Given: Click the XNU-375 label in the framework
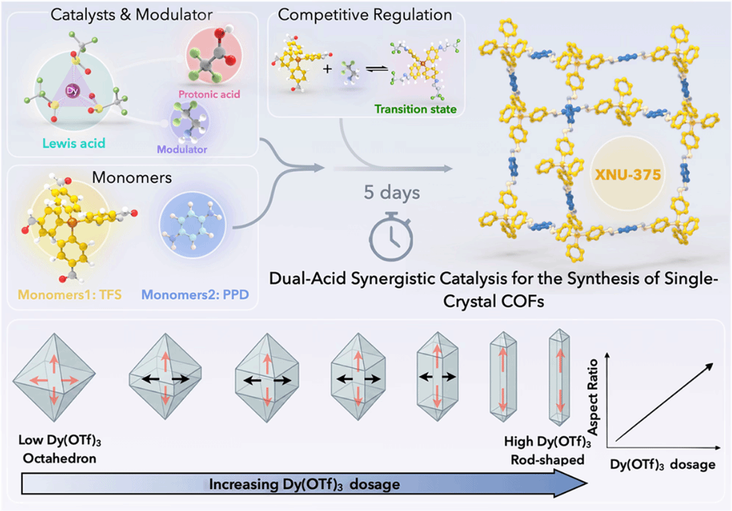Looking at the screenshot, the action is (628, 175).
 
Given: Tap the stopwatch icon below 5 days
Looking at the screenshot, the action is (391, 236).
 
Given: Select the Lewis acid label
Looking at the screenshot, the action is (74, 143).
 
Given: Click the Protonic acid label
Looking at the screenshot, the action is (209, 95).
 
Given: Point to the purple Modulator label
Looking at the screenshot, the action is (181, 149).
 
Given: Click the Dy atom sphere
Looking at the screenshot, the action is (73, 91).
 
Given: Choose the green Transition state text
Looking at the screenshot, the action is (415, 110).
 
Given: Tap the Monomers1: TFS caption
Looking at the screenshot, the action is (70, 295).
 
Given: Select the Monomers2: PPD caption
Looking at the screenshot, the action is (195, 295).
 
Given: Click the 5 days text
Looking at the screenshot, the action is (392, 192).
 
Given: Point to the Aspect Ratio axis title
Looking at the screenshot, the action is (593, 397).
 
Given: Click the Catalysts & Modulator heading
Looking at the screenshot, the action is (131, 14).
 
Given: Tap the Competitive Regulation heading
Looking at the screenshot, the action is (365, 14).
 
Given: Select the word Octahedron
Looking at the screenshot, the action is (60, 458).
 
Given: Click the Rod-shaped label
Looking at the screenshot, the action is (547, 460).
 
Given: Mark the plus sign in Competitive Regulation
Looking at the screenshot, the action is (328, 68).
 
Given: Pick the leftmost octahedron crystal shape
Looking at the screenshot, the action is (54, 377).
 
